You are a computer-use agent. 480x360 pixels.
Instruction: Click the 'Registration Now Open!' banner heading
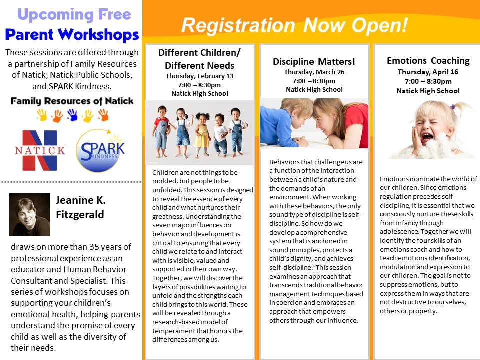(x=294, y=25)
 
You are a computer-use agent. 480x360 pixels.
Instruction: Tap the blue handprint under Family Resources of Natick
(x=72, y=115)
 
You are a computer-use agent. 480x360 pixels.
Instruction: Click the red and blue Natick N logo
(x=40, y=150)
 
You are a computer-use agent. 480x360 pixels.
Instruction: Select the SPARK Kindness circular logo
(x=100, y=150)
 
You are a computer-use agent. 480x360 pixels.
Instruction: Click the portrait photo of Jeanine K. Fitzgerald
(x=29, y=214)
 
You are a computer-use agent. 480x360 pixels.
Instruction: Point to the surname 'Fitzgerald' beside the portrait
(x=80, y=215)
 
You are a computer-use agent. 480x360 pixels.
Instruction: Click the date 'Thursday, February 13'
(x=199, y=76)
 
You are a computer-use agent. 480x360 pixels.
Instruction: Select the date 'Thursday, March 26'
(x=314, y=72)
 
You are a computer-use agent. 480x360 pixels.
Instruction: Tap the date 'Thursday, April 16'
(x=428, y=72)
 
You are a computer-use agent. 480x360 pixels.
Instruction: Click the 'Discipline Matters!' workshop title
(x=314, y=62)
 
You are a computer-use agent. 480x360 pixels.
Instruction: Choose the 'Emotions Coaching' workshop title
(x=428, y=61)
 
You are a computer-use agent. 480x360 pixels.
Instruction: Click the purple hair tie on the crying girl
(x=453, y=107)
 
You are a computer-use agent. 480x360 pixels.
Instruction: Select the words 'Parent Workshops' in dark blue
(x=72, y=34)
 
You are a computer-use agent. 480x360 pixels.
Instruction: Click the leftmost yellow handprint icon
(x=42, y=115)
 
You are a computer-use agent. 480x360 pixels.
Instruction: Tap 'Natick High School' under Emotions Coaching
(x=428, y=91)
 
